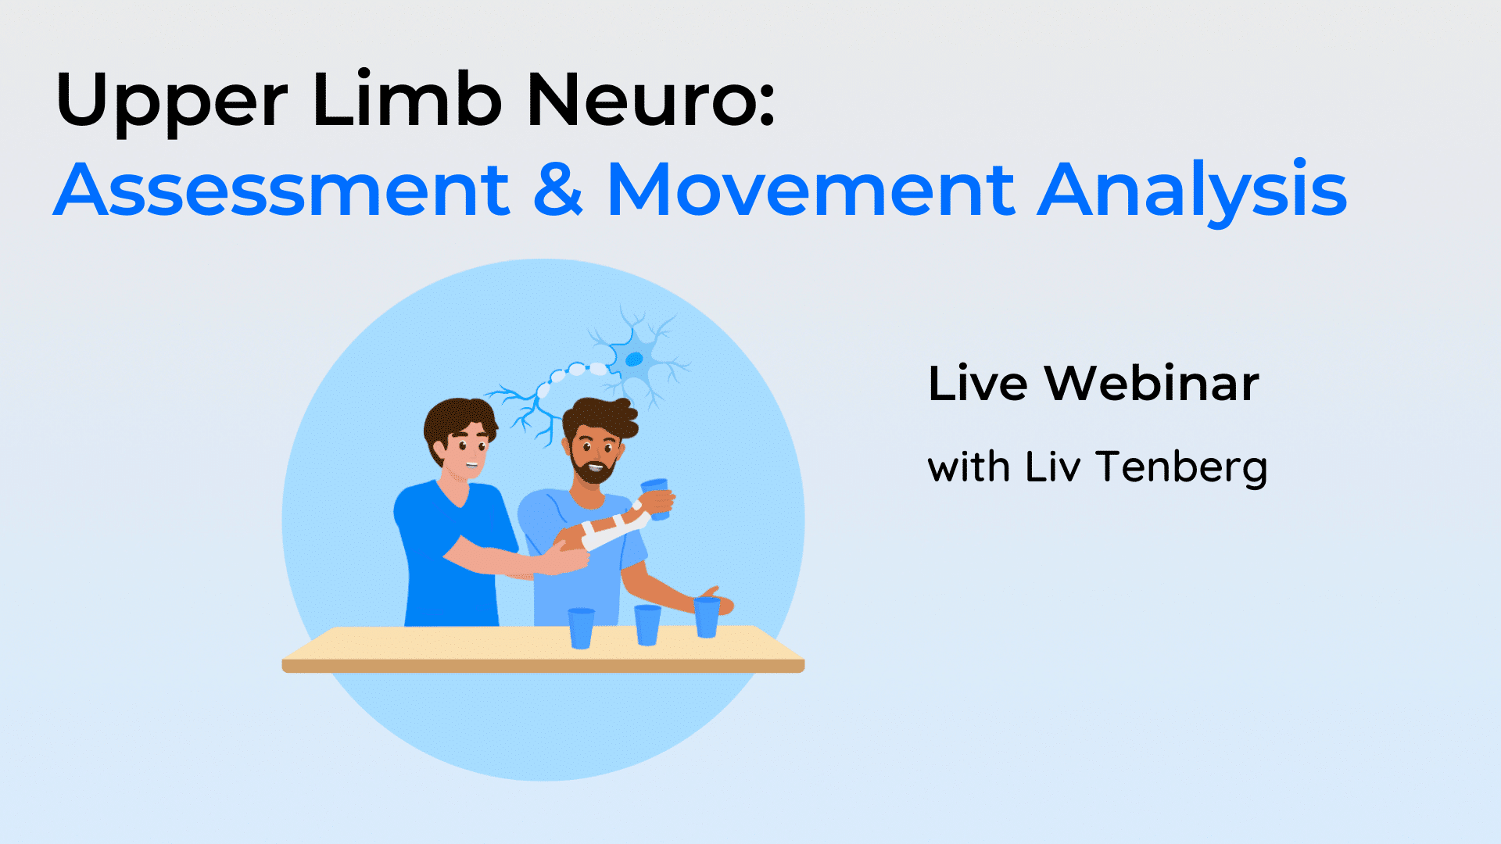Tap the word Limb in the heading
coord(407,98)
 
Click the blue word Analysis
coord(1192,192)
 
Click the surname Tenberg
coord(1181,468)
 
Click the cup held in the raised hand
coord(655,499)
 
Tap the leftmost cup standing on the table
coord(581,628)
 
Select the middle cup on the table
coord(647,625)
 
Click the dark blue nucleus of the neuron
coord(634,359)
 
